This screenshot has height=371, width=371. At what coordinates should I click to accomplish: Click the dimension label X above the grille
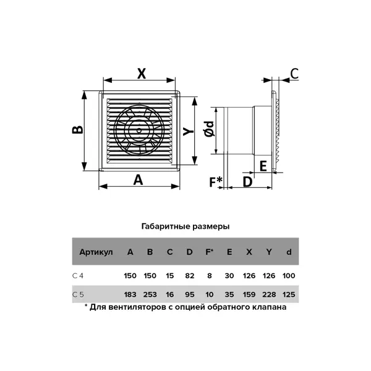click(142, 74)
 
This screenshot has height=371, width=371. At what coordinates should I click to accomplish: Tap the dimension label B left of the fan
click(77, 130)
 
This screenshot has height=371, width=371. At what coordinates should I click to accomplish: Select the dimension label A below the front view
click(138, 180)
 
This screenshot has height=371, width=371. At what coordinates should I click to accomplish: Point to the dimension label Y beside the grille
click(189, 131)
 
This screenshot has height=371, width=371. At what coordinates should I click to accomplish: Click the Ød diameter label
click(210, 129)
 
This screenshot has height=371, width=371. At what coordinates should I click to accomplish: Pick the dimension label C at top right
click(294, 74)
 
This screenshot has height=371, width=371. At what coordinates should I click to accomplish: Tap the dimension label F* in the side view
click(216, 182)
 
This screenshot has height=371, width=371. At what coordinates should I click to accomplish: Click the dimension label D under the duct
click(248, 182)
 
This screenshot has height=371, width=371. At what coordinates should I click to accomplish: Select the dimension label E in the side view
click(263, 166)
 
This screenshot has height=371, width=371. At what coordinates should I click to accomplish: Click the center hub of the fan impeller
click(139, 130)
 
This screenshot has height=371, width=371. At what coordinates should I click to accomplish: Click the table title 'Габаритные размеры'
click(185, 226)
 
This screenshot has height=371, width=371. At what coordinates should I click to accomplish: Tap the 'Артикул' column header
click(96, 252)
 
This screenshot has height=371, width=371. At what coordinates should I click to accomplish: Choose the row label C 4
click(78, 276)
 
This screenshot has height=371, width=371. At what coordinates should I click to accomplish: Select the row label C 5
click(78, 294)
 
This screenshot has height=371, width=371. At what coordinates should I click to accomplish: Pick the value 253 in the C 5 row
click(150, 294)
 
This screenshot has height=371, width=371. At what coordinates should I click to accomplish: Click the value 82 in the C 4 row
click(190, 276)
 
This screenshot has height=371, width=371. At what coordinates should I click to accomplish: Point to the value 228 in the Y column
click(269, 294)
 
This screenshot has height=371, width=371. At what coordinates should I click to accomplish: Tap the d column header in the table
click(289, 252)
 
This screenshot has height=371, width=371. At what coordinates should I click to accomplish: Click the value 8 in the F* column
click(210, 276)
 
